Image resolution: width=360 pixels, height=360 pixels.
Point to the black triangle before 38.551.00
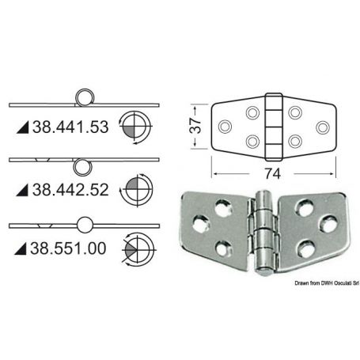[x=21, y=249]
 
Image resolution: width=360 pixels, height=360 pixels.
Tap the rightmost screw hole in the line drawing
[x=322, y=126]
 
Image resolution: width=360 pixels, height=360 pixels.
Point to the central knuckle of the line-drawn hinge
[x=274, y=126]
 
